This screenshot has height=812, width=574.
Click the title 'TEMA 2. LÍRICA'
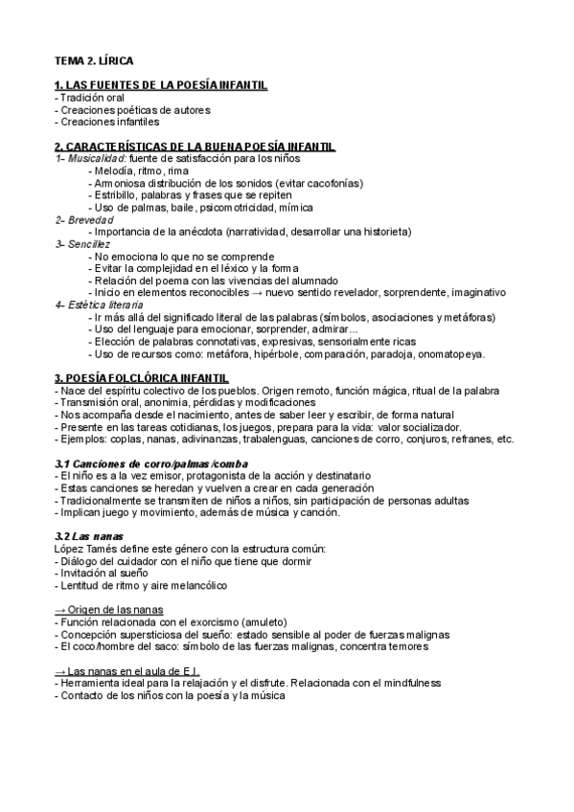(x=94, y=60)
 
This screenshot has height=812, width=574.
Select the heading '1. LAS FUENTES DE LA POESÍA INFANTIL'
(x=161, y=86)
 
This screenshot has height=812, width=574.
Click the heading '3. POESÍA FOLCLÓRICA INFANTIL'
(x=142, y=379)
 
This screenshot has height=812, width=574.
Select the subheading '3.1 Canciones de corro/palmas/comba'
(x=152, y=463)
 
